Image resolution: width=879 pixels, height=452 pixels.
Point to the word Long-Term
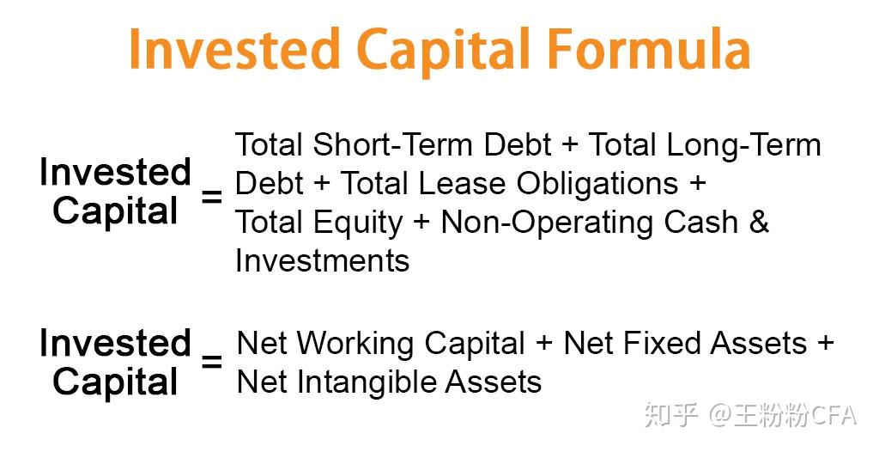coord(743,146)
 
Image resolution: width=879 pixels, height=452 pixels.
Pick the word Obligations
coord(597,185)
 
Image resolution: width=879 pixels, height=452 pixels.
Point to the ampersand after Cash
coord(759,223)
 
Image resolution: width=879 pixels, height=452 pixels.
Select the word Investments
coord(323,260)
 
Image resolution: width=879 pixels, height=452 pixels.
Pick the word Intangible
coord(359,383)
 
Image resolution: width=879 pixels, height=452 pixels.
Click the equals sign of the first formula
coord(211,197)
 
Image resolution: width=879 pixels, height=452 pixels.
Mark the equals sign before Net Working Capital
coord(211,362)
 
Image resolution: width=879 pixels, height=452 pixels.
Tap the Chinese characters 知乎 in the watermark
coord(671,416)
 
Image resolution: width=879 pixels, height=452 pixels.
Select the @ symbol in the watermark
coord(720,417)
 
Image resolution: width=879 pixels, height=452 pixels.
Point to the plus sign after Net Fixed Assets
coord(825,343)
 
